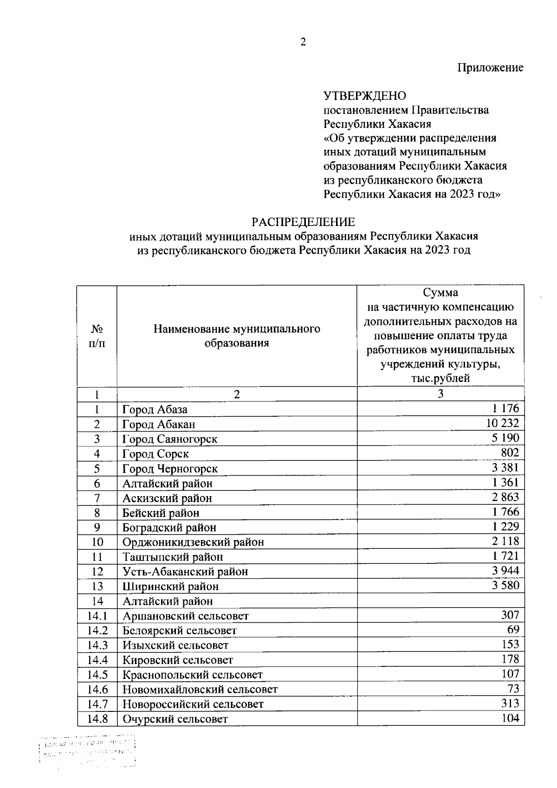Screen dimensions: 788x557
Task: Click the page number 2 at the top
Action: coord(303,42)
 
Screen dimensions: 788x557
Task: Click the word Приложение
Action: coord(491,68)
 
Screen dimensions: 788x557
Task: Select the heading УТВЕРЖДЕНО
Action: coord(364,96)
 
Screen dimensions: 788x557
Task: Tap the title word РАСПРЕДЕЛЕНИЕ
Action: coord(303,222)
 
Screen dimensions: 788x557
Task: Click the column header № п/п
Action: coord(97,336)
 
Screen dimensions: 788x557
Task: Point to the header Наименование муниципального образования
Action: coord(237,336)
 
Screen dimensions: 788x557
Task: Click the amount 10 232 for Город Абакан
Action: coord(503,423)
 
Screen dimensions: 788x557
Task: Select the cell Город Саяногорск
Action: coord(170,439)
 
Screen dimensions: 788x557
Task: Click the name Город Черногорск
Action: coord(170,469)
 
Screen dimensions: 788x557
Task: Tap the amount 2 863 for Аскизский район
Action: coord(505,497)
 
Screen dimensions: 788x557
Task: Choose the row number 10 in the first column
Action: coord(97,542)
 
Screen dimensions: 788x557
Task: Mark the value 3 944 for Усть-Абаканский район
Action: coord(505,570)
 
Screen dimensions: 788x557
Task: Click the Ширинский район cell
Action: coord(170,586)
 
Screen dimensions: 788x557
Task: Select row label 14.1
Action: coord(97,616)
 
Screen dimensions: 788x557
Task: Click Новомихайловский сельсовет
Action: coord(200,689)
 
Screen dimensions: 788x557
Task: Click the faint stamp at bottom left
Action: coord(88,751)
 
